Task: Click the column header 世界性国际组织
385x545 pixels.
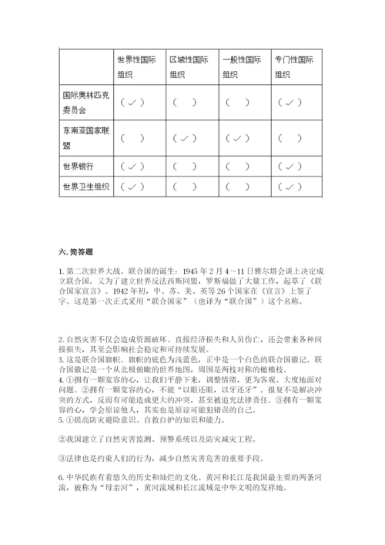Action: tap(136, 66)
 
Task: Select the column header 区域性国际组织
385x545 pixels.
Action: tap(188, 66)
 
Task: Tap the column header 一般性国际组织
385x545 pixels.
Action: tap(241, 66)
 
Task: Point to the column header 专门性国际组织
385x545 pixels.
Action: tap(293, 66)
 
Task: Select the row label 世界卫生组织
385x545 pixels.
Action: tap(85, 187)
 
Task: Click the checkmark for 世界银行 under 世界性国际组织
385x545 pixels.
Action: tap(132, 166)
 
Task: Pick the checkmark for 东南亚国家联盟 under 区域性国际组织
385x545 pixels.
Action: tap(185, 139)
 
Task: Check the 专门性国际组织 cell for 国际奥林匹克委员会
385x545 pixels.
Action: tap(290, 103)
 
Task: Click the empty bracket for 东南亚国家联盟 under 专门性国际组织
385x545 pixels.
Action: tap(290, 139)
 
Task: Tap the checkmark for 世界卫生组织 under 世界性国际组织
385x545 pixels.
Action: tap(132, 187)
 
